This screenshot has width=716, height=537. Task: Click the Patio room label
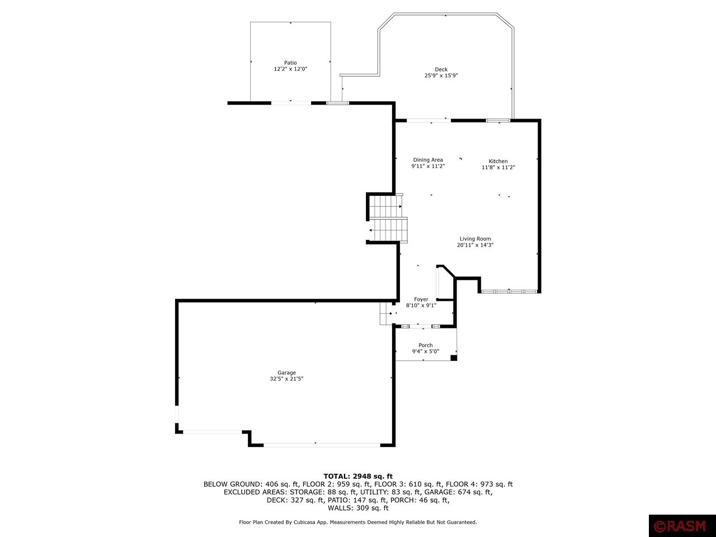pos(290,63)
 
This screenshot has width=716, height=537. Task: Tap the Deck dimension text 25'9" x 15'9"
pos(441,76)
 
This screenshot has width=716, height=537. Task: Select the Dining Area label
pos(428,160)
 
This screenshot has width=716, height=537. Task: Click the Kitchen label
pos(498,161)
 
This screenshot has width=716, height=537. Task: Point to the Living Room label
pos(475,239)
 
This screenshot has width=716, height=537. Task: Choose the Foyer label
pos(421,299)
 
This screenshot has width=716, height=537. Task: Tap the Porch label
pos(425,345)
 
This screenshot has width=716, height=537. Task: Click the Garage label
pos(286,373)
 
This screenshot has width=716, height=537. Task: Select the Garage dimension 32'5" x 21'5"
pos(286,379)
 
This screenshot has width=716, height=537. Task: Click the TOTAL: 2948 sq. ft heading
pos(358,476)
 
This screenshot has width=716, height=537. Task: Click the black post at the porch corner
pos(454,357)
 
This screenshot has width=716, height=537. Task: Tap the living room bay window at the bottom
pos(510,291)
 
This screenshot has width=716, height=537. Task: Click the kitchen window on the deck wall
pos(497,120)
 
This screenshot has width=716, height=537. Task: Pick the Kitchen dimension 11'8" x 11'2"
pos(498,167)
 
